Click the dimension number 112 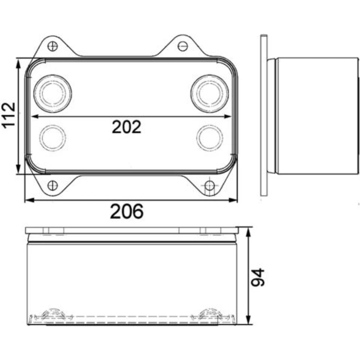pyautogui.click(x=9, y=115)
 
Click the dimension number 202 pyautogui.click(x=126, y=127)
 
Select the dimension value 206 pyautogui.click(x=127, y=211)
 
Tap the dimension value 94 pyautogui.click(x=258, y=277)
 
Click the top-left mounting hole pyautogui.click(x=53, y=46)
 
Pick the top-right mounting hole pyautogui.click(x=183, y=46)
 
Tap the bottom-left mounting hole pyautogui.click(x=53, y=185)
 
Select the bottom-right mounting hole pyautogui.click(x=210, y=185)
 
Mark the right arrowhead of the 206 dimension pyautogui.click(x=233, y=201)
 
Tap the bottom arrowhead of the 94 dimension pyautogui.click(x=248, y=320)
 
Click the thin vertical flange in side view pyautogui.click(x=264, y=115)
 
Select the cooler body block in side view pyautogui.click(x=318, y=116)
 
